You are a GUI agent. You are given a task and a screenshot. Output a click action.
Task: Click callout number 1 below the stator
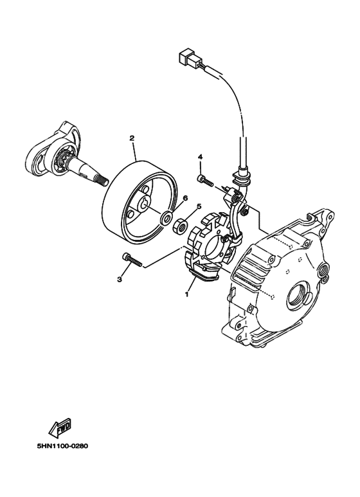[x=187, y=293]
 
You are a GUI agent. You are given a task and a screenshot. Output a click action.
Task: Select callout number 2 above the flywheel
[x=132, y=138]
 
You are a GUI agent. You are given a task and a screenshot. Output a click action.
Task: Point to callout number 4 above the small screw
[x=201, y=157]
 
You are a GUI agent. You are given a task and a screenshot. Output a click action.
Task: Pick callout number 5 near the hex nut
[x=199, y=206]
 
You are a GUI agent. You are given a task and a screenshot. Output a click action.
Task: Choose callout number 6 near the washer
[x=185, y=199]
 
